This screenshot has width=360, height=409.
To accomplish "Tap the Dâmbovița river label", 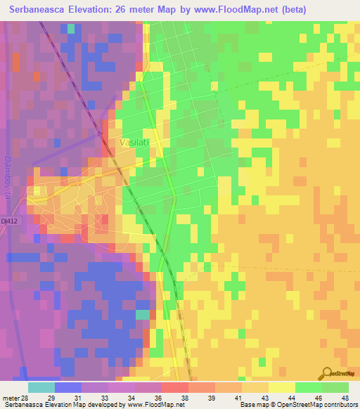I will (8, 176).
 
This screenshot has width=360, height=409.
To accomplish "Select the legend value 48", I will (345, 398).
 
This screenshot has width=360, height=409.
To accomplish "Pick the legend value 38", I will (185, 398).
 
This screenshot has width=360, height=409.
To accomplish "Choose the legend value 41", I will (238, 398).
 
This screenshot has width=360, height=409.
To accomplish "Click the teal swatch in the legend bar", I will (41, 387).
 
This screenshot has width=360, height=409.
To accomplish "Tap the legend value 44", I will (292, 398).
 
